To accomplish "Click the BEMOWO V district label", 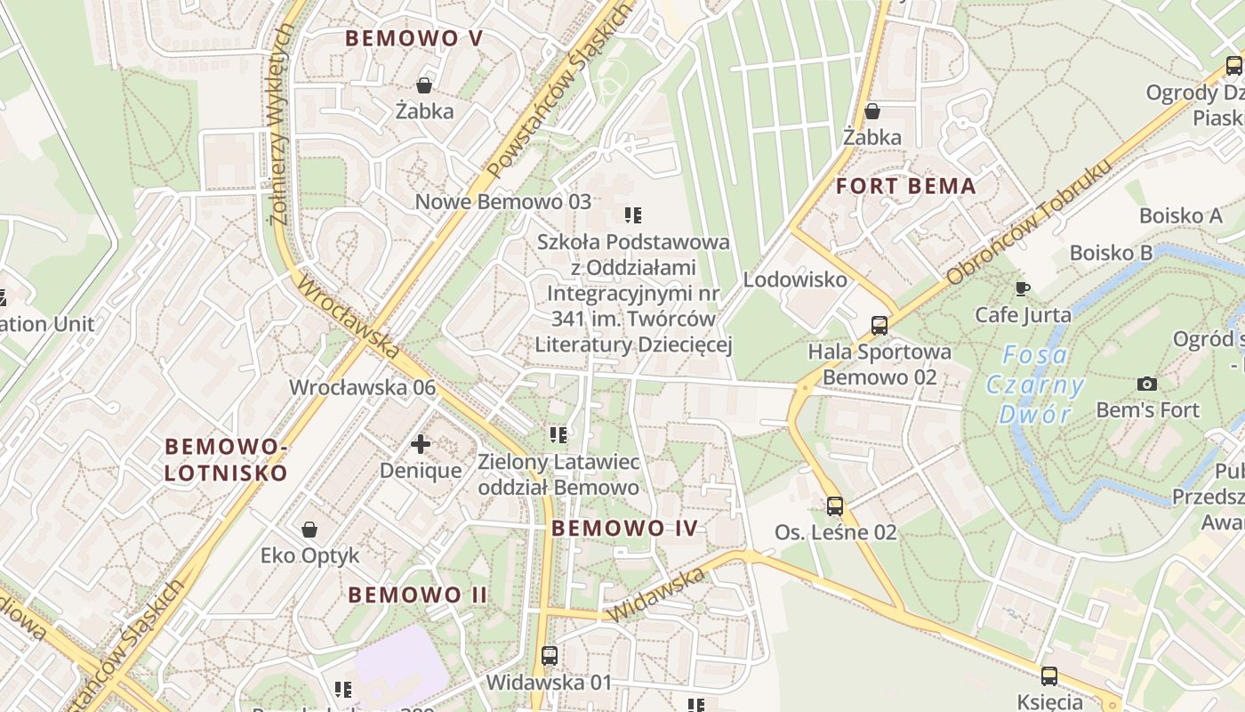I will (x=414, y=38).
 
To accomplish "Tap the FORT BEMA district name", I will (x=906, y=187).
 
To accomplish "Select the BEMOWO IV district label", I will (x=624, y=528).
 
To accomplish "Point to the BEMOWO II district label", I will (x=417, y=595).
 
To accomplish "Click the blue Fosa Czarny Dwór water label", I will (x=1035, y=384).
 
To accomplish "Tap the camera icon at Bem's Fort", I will (x=1147, y=384).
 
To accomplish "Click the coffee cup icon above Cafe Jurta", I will (x=1023, y=288).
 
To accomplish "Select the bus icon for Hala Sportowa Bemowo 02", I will (x=880, y=326).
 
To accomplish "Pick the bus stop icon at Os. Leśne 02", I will (x=835, y=506).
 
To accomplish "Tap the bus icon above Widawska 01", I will (x=550, y=656).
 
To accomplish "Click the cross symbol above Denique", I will (x=421, y=443).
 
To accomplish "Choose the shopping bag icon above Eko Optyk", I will (x=309, y=530).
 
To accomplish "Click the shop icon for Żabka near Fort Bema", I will (x=872, y=111).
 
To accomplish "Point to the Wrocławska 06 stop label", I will (x=363, y=387).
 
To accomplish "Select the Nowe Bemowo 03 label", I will (x=502, y=201).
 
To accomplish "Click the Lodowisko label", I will (x=795, y=279).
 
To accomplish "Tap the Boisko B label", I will (x=1111, y=253).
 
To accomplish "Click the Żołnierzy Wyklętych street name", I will (x=282, y=125).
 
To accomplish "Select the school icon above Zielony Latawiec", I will (x=558, y=435).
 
